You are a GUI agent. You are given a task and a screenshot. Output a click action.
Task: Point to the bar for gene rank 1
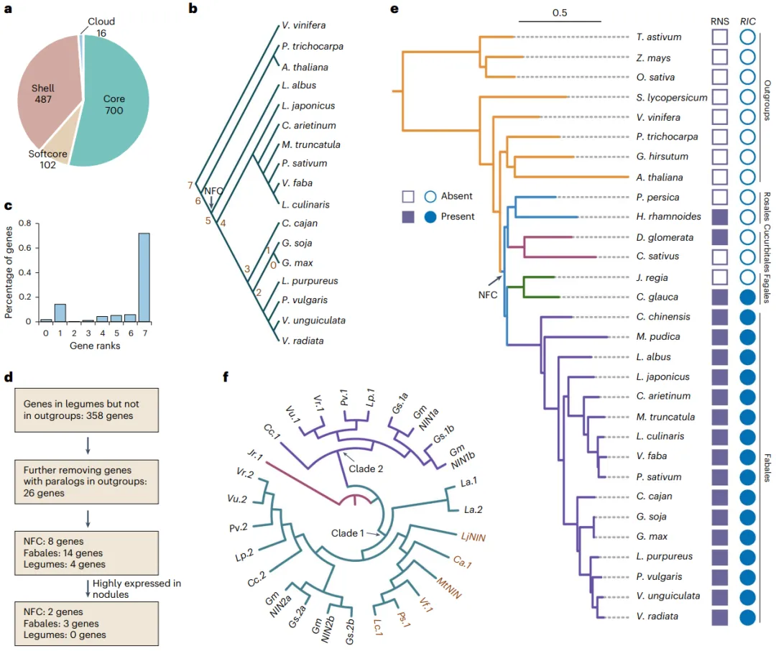[60, 313]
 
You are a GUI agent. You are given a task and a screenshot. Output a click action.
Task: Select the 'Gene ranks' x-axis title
[95, 346]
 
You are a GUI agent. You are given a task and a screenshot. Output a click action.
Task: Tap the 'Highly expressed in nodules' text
[137, 589]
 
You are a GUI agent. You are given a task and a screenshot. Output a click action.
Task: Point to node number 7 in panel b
[190, 185]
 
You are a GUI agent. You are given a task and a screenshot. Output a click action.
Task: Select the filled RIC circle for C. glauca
[749, 297]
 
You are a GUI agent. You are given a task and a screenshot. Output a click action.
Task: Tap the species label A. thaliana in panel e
[660, 177]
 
